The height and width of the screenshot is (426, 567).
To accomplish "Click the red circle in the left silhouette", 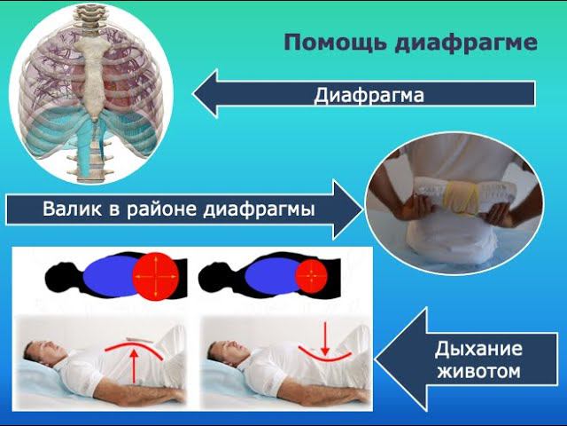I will (157, 277).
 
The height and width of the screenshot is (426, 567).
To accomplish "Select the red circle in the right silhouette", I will (311, 277).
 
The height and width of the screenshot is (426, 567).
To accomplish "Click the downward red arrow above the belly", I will (325, 337).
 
